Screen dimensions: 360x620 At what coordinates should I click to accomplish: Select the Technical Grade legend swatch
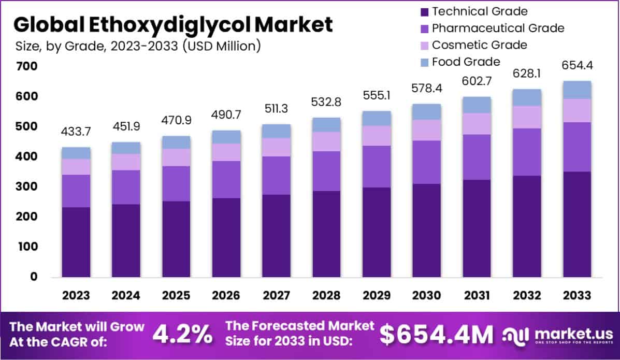pos(423,11)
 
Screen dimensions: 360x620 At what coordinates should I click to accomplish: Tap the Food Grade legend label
pos(466,62)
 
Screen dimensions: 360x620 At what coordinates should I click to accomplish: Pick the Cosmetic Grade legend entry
pos(479,45)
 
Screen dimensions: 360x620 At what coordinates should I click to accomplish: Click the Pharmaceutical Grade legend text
pos(498,28)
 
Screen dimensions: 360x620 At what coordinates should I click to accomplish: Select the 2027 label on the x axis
pos(276,296)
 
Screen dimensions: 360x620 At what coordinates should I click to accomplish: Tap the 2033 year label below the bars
pos(576,296)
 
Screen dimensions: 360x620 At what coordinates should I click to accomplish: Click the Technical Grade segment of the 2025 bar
pos(176,238)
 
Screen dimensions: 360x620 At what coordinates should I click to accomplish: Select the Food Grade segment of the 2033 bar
pos(576,90)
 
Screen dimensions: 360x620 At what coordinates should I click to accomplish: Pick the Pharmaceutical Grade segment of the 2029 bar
pos(376,166)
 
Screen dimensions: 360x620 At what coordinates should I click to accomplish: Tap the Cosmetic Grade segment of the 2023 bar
pos(76,167)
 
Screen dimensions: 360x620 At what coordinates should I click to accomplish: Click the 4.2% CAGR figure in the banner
pos(182,335)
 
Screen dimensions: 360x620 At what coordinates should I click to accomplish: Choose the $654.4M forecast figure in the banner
pos(437,335)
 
